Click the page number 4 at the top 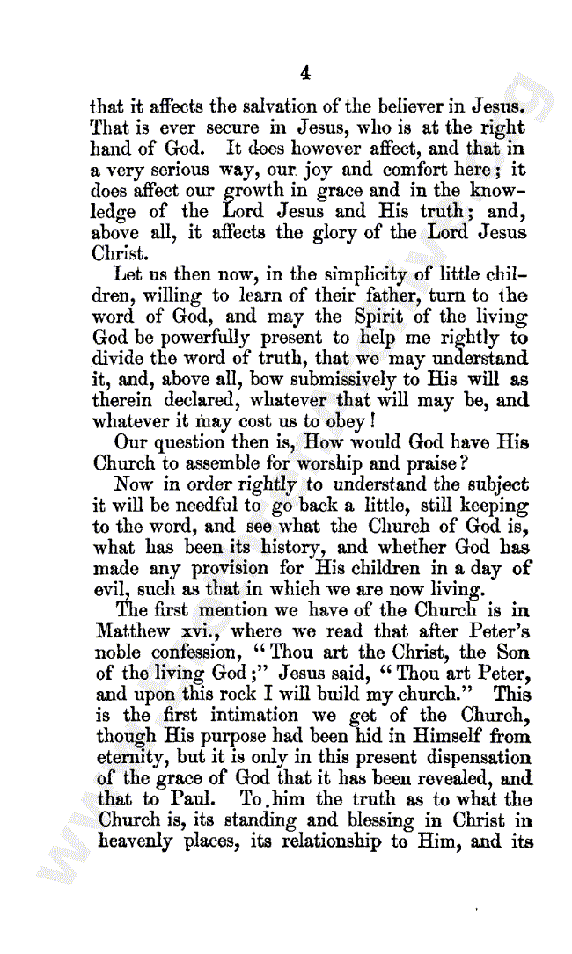tap(304, 72)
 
